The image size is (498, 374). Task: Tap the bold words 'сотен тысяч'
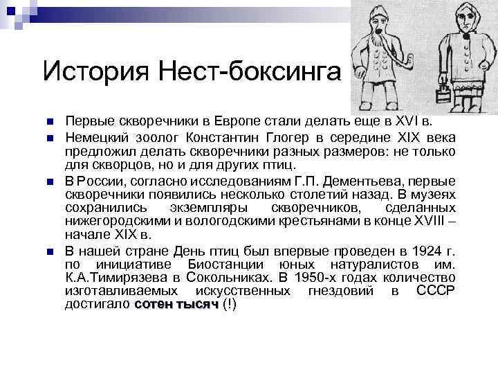pyautogui.click(x=177, y=305)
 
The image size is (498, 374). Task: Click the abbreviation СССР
pyautogui.click(x=436, y=291)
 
